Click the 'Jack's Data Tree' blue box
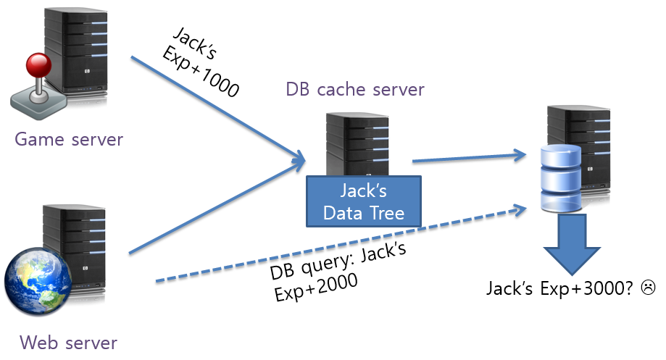click(x=362, y=203)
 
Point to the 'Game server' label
click(x=69, y=138)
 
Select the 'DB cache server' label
click(x=354, y=90)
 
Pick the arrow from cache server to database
click(x=467, y=156)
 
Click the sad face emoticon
click(x=647, y=288)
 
